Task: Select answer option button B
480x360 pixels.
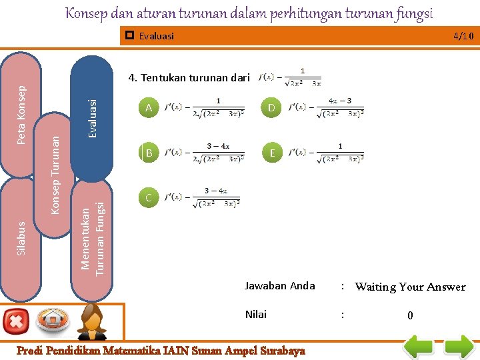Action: [149, 153]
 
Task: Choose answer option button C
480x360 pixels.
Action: [149, 197]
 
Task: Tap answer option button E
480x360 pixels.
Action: [271, 153]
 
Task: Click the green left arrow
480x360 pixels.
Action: [421, 347]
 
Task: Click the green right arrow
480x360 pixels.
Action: [459, 347]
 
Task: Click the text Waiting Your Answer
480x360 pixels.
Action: [410, 287]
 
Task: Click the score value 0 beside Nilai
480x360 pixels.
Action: [410, 315]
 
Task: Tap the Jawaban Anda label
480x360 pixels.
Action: [279, 286]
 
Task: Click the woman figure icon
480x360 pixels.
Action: [93, 323]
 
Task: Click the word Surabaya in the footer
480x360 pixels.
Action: [280, 350]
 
